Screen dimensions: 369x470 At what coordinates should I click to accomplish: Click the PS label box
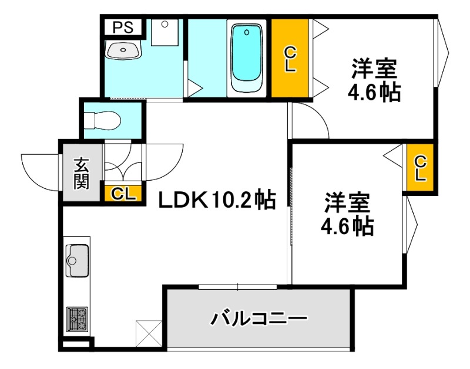pos(123,27)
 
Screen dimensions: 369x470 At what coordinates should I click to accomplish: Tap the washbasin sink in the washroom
pos(123,50)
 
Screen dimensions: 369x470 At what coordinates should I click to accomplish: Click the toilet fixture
pos(102,121)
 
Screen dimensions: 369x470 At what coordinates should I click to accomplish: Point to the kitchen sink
pos(77,259)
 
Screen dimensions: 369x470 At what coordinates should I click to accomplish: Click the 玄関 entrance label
pos(81,173)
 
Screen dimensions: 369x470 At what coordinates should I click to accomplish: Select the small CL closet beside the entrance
pos(123,194)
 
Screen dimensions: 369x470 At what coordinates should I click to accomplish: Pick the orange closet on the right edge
pos(421,168)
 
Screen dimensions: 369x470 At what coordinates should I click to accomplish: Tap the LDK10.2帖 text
pos(217,201)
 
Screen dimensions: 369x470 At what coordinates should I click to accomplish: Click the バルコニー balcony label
pos(259,320)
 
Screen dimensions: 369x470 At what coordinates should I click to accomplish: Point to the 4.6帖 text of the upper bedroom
pos(374,93)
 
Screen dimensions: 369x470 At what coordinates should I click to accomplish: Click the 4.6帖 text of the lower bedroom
pos(347,226)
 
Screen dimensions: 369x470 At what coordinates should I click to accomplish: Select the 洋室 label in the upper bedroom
pos(374,69)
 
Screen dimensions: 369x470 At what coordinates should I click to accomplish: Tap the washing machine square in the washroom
pos(164,32)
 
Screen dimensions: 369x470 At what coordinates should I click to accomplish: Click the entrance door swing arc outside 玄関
pos(41,170)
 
